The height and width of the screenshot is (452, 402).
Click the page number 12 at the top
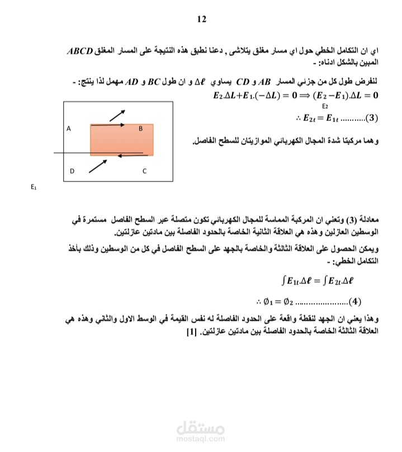[202, 19]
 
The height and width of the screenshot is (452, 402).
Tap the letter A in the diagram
[68, 129]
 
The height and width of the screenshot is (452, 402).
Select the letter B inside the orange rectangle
[141, 129]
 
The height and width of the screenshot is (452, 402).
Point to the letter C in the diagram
[144, 171]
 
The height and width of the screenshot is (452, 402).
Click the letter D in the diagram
[72, 171]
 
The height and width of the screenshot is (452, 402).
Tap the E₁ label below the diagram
[34, 188]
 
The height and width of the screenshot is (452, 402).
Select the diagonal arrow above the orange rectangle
[117, 115]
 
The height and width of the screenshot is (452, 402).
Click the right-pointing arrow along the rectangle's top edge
[108, 125]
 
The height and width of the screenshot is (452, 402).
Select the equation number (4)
[356, 303]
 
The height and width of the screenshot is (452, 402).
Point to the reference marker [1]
[190, 332]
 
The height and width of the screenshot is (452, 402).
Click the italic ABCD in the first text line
[82, 51]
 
